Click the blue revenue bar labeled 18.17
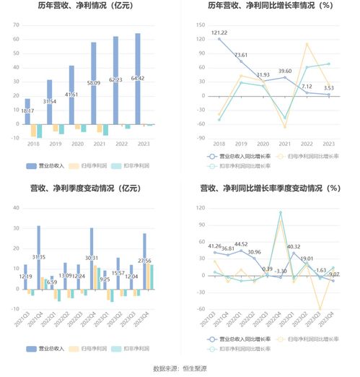27,111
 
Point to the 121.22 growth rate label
219,32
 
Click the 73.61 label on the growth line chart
240,55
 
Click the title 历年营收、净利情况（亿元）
89,6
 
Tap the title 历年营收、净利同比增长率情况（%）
270,6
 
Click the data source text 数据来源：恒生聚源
180,369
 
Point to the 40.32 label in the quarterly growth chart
294,247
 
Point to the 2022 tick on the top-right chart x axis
307,144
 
